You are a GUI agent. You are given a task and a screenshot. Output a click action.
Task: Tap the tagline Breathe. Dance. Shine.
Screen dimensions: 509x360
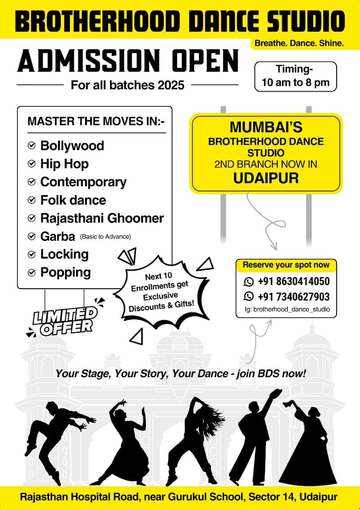click(x=299, y=44)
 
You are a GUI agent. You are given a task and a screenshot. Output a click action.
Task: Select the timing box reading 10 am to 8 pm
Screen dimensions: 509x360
click(x=295, y=76)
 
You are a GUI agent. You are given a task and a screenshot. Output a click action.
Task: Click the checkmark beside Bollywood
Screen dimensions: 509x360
click(x=31, y=146)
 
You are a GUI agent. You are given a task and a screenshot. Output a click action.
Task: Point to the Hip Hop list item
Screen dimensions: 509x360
click(x=64, y=164)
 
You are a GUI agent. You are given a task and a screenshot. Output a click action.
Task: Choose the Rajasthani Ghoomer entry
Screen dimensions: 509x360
click(x=102, y=218)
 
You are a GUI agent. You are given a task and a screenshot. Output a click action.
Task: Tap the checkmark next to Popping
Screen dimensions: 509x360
click(x=31, y=272)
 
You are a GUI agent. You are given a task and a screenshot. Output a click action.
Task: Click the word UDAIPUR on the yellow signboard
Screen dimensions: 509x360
click(x=266, y=178)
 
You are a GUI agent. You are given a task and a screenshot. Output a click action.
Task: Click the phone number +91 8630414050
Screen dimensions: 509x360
click(x=293, y=281)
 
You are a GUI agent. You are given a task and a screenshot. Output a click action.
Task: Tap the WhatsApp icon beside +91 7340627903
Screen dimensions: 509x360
click(x=248, y=296)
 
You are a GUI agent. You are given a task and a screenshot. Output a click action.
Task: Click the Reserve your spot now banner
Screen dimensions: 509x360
click(x=286, y=265)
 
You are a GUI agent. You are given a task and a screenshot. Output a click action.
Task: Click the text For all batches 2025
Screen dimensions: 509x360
click(x=128, y=85)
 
